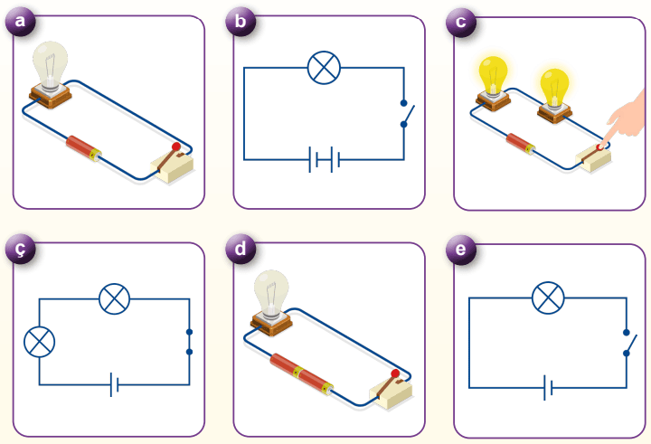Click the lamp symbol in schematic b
(x=323, y=69)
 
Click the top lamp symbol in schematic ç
(x=114, y=298)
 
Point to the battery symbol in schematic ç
(x=114, y=386)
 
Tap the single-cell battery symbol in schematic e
(x=547, y=389)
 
